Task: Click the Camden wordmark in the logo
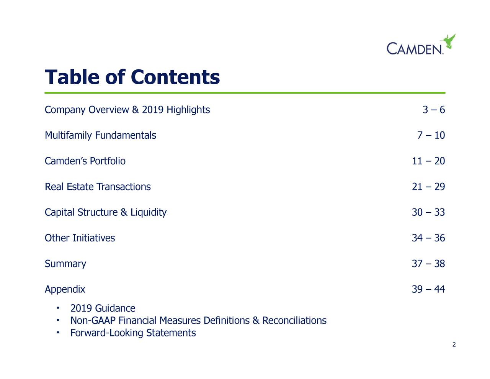415,49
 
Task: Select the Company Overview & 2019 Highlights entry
127,110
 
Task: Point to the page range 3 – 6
433,110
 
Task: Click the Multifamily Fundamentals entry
100,135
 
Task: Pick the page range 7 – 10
431,135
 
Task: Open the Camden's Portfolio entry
85,161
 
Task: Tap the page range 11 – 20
428,161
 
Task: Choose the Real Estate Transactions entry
98,187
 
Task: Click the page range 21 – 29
428,187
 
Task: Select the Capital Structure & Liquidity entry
106,212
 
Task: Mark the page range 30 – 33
428,212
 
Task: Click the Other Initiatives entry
80,238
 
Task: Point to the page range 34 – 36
428,238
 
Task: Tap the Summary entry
65,264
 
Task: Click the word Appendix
65,289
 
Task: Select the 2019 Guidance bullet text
103,308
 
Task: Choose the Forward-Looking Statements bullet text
133,333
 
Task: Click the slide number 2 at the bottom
454,345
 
